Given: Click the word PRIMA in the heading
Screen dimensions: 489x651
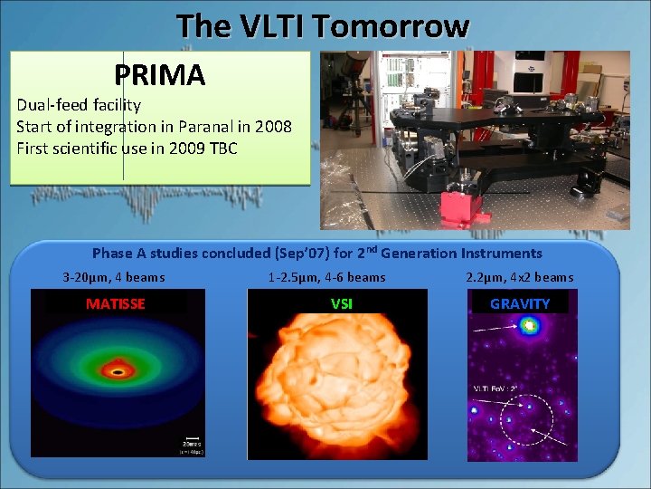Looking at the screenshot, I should click(x=160, y=74).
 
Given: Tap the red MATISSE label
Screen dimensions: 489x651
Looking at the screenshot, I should click(x=115, y=304).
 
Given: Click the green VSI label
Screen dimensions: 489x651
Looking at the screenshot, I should click(x=342, y=304).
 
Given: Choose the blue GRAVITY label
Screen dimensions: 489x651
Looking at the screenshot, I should click(x=520, y=304).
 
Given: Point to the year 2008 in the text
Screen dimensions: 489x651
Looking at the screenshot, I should click(x=273, y=127).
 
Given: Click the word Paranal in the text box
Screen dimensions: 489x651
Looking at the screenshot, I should click(x=203, y=127).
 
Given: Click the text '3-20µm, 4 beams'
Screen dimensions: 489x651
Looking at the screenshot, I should click(x=114, y=277).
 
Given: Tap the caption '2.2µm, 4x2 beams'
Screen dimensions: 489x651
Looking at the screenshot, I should click(x=519, y=277).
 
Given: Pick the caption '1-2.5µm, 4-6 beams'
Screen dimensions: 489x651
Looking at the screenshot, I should click(x=326, y=277).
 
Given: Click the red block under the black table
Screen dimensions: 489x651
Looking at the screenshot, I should click(x=458, y=209).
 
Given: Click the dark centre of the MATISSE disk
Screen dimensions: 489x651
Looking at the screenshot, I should click(x=117, y=370).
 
